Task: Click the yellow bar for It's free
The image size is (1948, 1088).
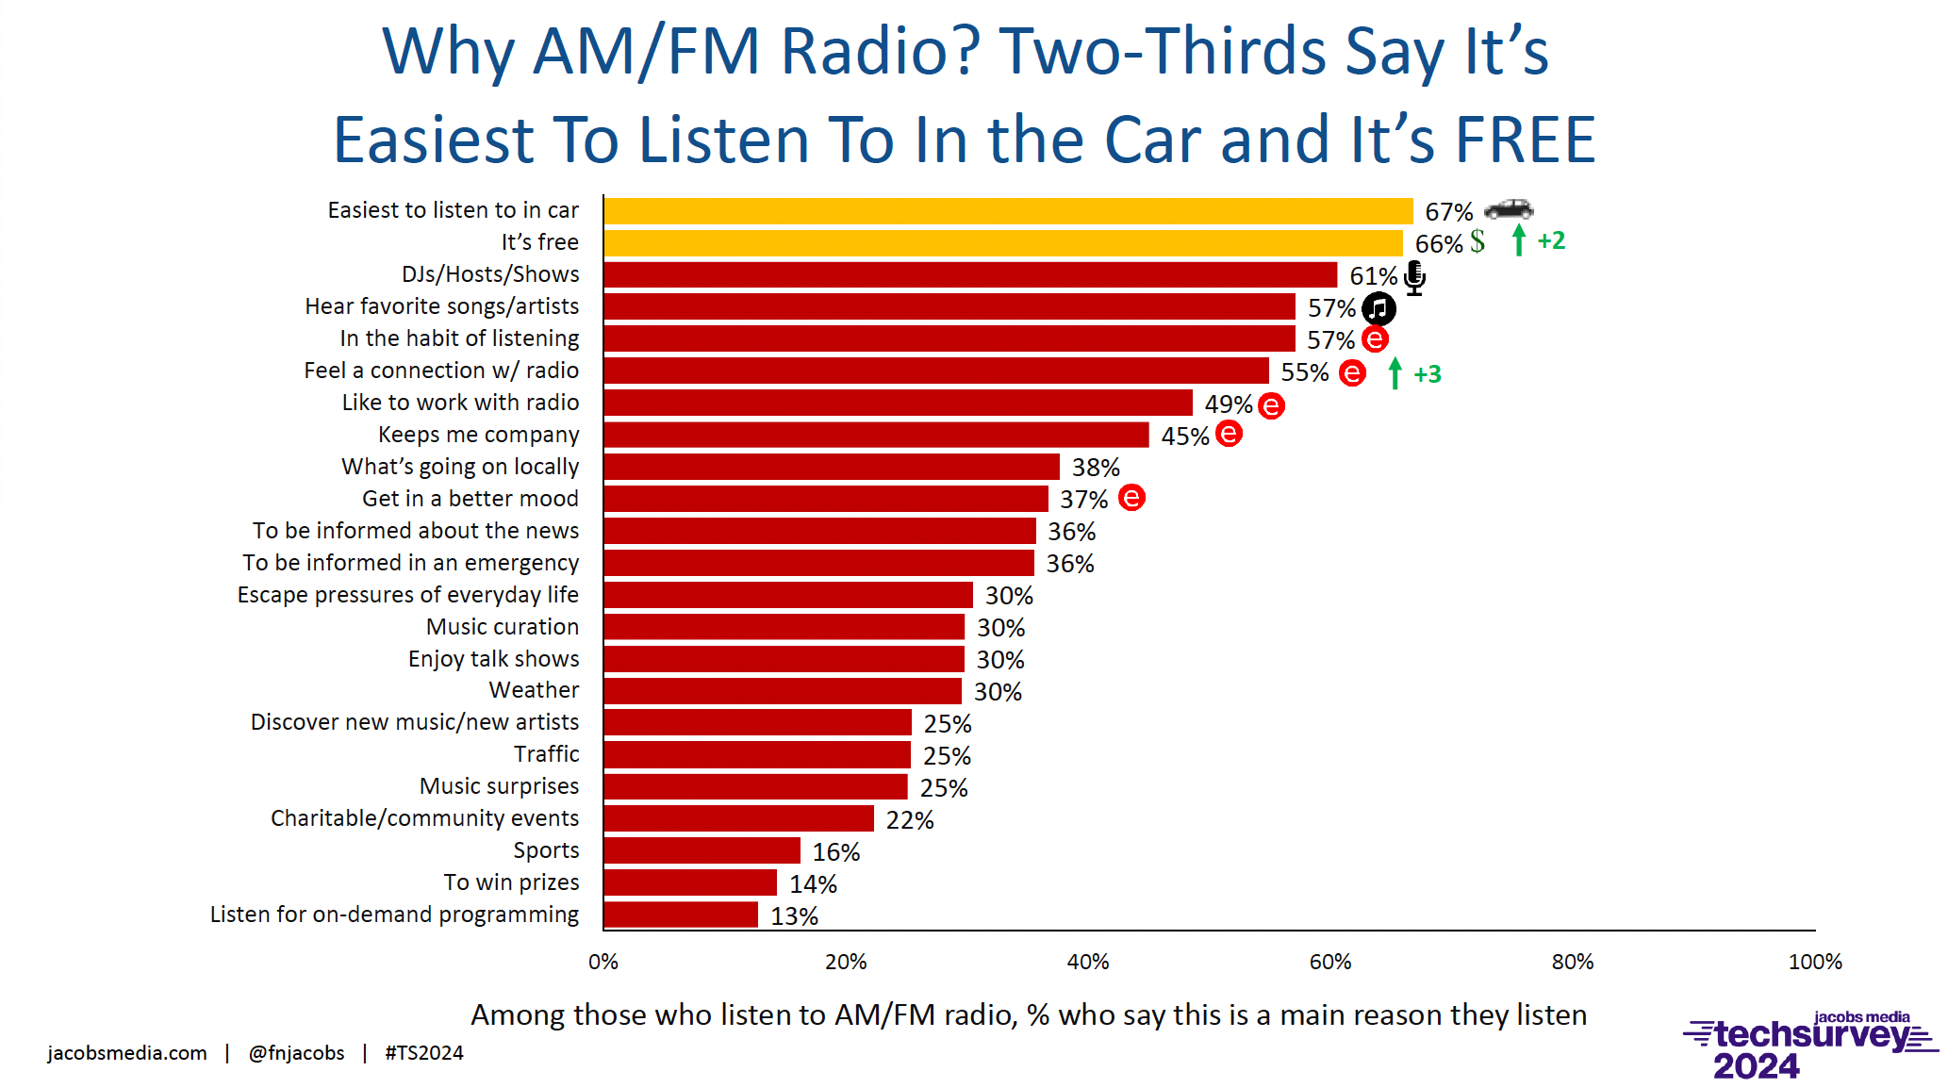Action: point(1003,243)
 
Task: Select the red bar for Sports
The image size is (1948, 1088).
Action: point(702,850)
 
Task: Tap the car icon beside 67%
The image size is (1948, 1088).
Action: point(1509,208)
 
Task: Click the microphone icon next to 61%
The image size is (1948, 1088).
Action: point(1414,277)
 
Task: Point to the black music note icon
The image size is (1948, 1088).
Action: point(1378,308)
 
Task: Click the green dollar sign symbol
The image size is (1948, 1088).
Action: point(1478,241)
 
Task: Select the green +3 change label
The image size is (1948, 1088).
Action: point(1428,374)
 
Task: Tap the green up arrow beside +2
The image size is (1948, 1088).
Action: point(1518,240)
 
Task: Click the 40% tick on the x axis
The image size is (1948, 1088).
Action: point(1088,962)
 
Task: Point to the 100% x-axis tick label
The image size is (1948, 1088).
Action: point(1814,962)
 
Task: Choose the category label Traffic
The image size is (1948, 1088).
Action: point(546,754)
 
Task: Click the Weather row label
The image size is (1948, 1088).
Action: point(534,690)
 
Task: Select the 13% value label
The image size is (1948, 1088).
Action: point(794,916)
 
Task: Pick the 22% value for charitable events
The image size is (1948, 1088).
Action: point(910,820)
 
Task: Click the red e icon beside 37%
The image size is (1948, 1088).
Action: point(1131,498)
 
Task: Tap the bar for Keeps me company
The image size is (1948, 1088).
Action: point(876,435)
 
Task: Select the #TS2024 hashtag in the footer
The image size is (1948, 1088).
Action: point(424,1053)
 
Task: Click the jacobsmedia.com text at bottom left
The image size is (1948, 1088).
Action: point(127,1053)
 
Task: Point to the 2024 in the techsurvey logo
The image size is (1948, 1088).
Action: point(1756,1066)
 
